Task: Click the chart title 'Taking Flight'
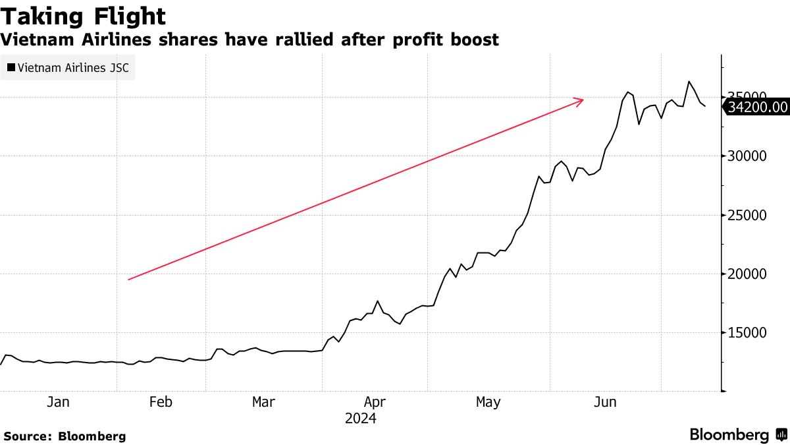[83, 16]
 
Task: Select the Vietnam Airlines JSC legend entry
[68, 67]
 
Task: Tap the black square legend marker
[11, 67]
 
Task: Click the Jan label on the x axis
[58, 401]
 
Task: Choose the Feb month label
[161, 401]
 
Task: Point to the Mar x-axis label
[263, 401]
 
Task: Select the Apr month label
[375, 401]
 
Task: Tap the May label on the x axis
[488, 401]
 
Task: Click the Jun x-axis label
[604, 401]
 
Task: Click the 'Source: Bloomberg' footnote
[65, 436]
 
